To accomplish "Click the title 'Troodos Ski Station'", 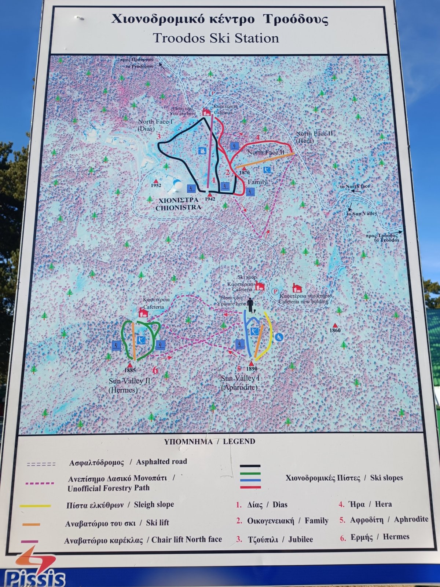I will point(216,38).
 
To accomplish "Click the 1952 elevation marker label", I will point(156,185).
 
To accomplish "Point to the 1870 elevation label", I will point(244,172).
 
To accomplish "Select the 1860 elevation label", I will point(335,330).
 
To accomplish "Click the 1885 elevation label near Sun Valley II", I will point(130,370).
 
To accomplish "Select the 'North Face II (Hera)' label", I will point(314,137).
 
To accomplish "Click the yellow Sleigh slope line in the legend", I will point(35,506).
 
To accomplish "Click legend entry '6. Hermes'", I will point(374,537).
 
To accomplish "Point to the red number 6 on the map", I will point(155,370).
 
